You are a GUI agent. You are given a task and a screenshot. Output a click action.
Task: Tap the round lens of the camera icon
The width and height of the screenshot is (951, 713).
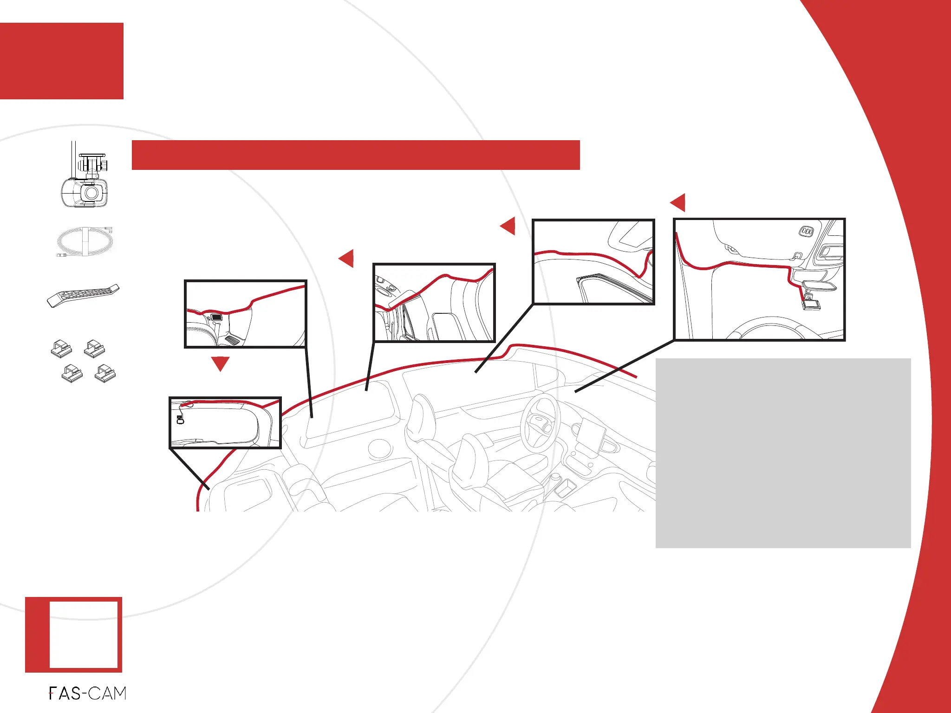91,193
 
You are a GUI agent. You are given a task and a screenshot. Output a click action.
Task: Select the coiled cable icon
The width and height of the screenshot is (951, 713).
84,242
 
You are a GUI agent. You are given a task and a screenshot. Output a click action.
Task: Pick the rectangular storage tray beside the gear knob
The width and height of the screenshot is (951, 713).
565,488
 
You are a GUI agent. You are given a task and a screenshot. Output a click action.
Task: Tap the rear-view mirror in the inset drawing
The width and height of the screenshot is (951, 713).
817,285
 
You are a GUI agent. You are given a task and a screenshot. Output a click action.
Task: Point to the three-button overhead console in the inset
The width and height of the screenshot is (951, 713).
807,231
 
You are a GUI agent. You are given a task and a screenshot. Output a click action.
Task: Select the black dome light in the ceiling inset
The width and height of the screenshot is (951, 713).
216,317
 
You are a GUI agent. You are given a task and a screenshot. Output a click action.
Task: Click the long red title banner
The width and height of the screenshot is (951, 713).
356,155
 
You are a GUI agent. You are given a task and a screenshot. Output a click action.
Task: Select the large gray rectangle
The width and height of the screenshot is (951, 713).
783,453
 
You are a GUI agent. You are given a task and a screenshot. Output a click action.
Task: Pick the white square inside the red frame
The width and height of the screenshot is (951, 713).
83,635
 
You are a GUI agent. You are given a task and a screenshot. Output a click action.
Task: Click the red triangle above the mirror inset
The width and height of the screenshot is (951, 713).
678,203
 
